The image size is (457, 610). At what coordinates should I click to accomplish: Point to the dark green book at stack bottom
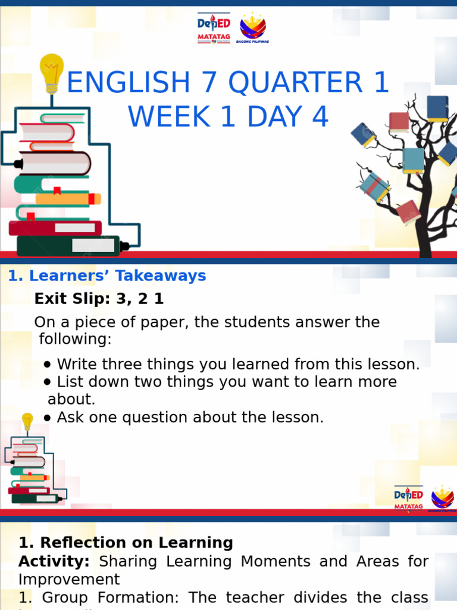coord(68,245)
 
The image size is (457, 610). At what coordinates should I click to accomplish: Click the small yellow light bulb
coord(27,421)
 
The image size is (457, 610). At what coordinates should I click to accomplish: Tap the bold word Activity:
coord(54,561)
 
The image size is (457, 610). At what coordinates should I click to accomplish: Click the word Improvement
coord(69,580)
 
